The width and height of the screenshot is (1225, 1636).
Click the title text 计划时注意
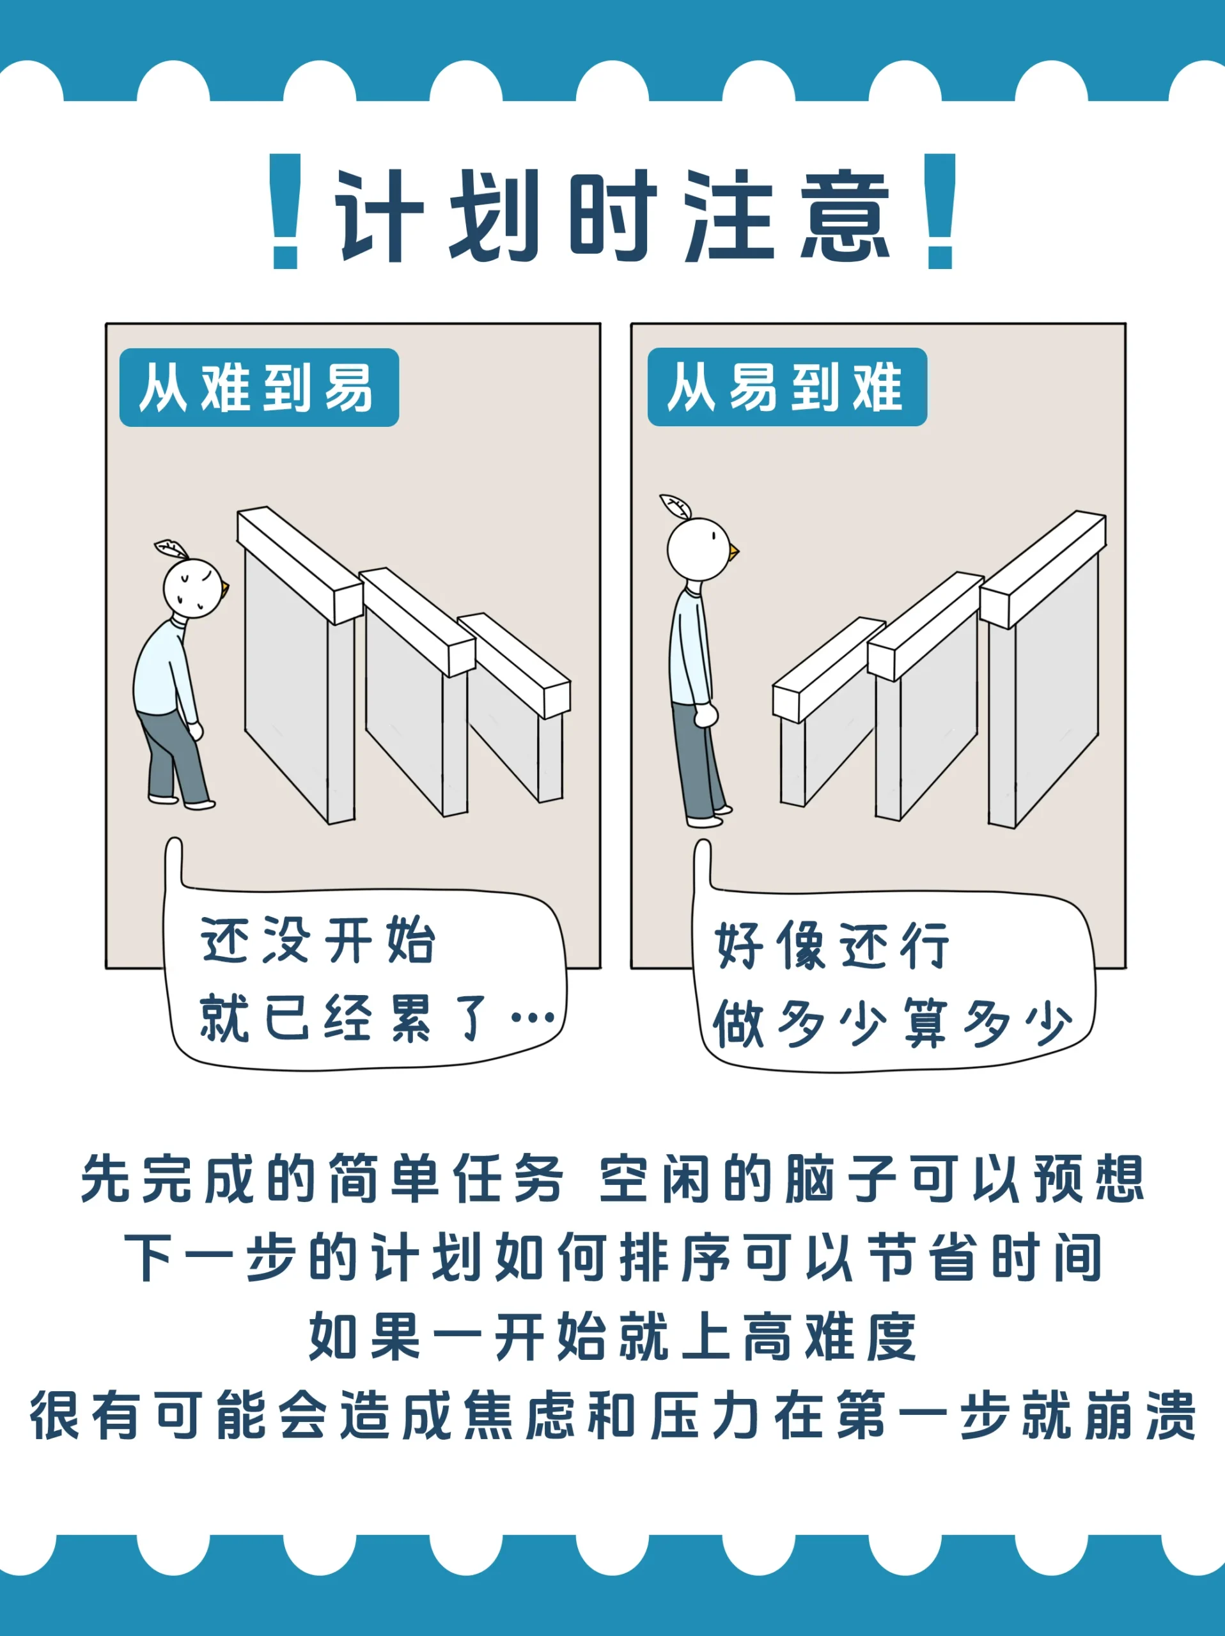[612, 215]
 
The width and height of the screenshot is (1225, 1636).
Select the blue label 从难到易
[259, 387]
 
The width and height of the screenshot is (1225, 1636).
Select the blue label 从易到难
[787, 387]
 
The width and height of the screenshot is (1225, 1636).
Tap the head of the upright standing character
[698, 549]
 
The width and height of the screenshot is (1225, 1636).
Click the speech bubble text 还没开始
[318, 941]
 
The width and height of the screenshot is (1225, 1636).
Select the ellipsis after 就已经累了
[533, 1019]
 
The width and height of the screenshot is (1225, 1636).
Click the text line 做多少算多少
[891, 1024]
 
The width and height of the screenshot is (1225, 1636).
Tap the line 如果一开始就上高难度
[612, 1337]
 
